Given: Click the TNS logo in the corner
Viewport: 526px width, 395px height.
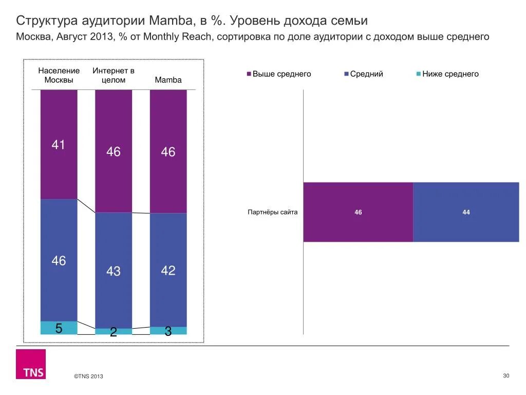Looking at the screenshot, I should (x=30, y=364).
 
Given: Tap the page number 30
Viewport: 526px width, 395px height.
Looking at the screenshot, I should (x=505, y=376).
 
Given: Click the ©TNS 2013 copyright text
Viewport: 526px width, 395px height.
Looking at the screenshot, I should (x=88, y=376).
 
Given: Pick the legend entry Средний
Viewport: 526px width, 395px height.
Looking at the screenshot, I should (x=366, y=74).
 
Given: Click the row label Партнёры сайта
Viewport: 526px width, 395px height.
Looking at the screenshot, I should (x=272, y=212).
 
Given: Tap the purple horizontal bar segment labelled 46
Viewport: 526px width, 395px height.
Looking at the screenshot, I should (x=358, y=212).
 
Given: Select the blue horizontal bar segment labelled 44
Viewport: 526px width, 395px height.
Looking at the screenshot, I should (x=466, y=212).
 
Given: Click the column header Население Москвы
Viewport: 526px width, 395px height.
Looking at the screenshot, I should (x=59, y=75).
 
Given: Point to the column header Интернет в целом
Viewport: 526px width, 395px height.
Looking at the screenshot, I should (x=114, y=75).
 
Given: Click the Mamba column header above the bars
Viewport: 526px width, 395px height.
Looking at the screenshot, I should (x=168, y=80).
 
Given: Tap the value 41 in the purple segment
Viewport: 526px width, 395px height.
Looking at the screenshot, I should (x=59, y=145).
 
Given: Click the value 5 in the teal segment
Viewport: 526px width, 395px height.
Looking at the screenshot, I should (x=59, y=328).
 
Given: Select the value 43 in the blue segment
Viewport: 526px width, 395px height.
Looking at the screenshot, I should (x=114, y=271).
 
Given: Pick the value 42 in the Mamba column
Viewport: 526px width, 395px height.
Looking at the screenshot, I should (x=168, y=271).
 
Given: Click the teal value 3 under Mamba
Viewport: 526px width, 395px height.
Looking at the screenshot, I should (x=168, y=332).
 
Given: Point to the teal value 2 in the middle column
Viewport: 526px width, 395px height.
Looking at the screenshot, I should (x=114, y=333).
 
